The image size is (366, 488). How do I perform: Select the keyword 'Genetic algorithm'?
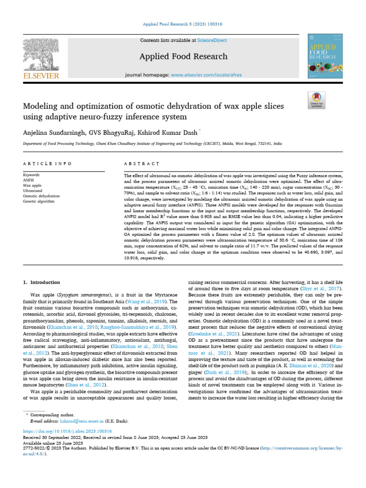point(39,202)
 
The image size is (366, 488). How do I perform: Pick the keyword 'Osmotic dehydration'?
point(41,196)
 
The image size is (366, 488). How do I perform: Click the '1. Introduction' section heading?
point(42,282)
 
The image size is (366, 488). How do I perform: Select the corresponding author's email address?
point(77,421)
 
